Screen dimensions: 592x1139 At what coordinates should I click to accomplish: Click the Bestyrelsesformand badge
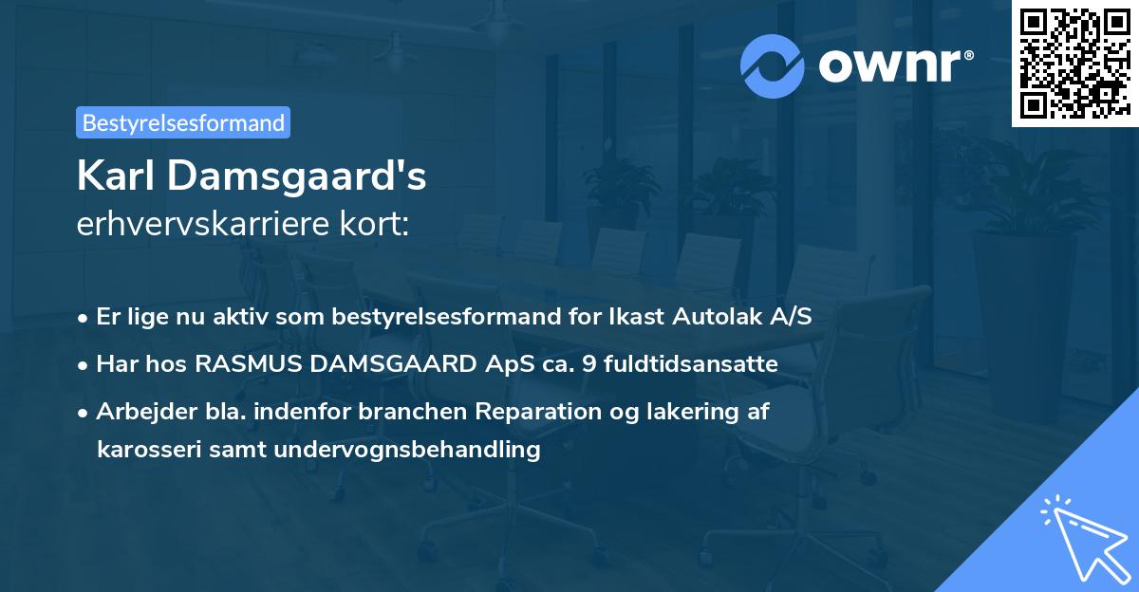[x=183, y=122]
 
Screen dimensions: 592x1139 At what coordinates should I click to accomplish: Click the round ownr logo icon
[x=773, y=65]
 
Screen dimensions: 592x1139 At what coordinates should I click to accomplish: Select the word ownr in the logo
[x=893, y=65]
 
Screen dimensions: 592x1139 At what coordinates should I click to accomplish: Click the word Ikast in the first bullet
[x=637, y=317]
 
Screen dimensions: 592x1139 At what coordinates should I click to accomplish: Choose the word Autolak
[x=719, y=317]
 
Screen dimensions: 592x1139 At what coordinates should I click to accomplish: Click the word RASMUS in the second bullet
[x=234, y=364]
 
